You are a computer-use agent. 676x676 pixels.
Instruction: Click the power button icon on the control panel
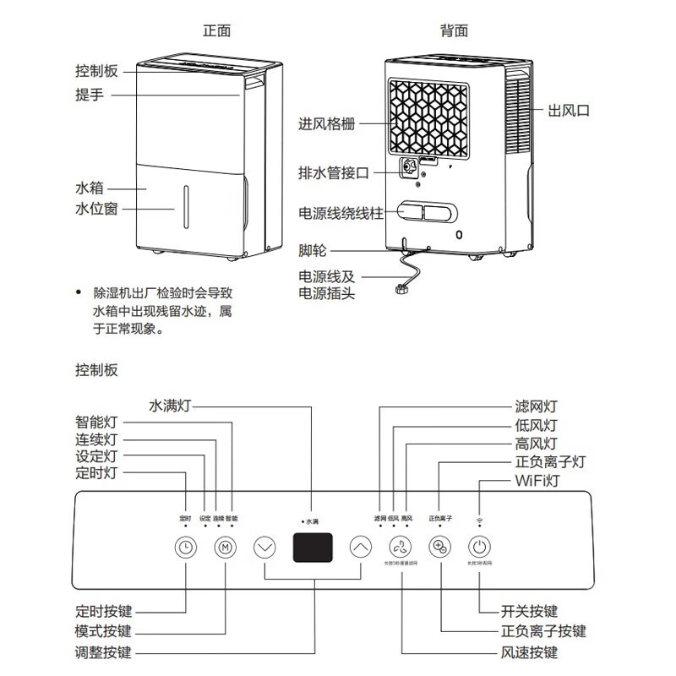pyautogui.click(x=479, y=547)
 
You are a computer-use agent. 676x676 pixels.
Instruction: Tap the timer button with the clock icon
pyautogui.click(x=185, y=547)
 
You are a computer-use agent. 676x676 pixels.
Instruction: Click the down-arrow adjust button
pyautogui.click(x=265, y=547)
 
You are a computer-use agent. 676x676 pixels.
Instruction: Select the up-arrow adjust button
pyautogui.click(x=361, y=547)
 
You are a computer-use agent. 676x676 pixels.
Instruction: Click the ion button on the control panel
pyautogui.click(x=439, y=547)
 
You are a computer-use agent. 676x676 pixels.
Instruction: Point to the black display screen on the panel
pyautogui.click(x=313, y=548)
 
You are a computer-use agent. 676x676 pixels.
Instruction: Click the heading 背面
pyautogui.click(x=454, y=31)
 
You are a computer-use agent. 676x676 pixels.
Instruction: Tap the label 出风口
pyautogui.click(x=569, y=111)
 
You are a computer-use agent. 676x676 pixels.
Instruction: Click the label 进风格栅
pyautogui.click(x=326, y=124)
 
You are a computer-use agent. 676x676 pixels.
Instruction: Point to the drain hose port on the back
pyautogui.click(x=412, y=168)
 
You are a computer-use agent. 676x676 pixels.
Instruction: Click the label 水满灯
pyautogui.click(x=171, y=405)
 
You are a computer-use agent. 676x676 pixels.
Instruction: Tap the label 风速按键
pyautogui.click(x=530, y=653)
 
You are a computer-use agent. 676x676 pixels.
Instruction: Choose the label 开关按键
pyautogui.click(x=530, y=611)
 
